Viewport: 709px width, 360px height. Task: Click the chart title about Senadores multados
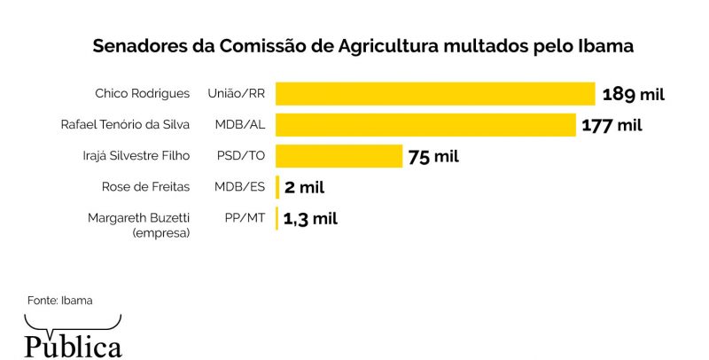(x=363, y=46)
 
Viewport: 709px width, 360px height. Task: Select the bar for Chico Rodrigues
(x=434, y=94)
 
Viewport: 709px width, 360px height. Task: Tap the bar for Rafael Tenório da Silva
(x=425, y=125)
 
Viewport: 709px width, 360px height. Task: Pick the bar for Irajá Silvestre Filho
(x=339, y=156)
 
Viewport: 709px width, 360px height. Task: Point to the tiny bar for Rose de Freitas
(x=277, y=187)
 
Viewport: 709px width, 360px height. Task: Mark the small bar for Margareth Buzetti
(x=277, y=218)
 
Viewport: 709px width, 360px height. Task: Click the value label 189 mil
(x=633, y=94)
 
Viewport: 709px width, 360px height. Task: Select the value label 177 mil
(x=612, y=125)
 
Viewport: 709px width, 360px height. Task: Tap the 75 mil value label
(x=433, y=157)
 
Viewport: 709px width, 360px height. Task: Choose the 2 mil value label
(x=305, y=187)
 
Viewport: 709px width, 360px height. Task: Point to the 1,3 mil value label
(x=310, y=218)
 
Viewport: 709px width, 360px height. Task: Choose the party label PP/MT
(x=242, y=218)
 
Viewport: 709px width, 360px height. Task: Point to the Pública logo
(x=73, y=344)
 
